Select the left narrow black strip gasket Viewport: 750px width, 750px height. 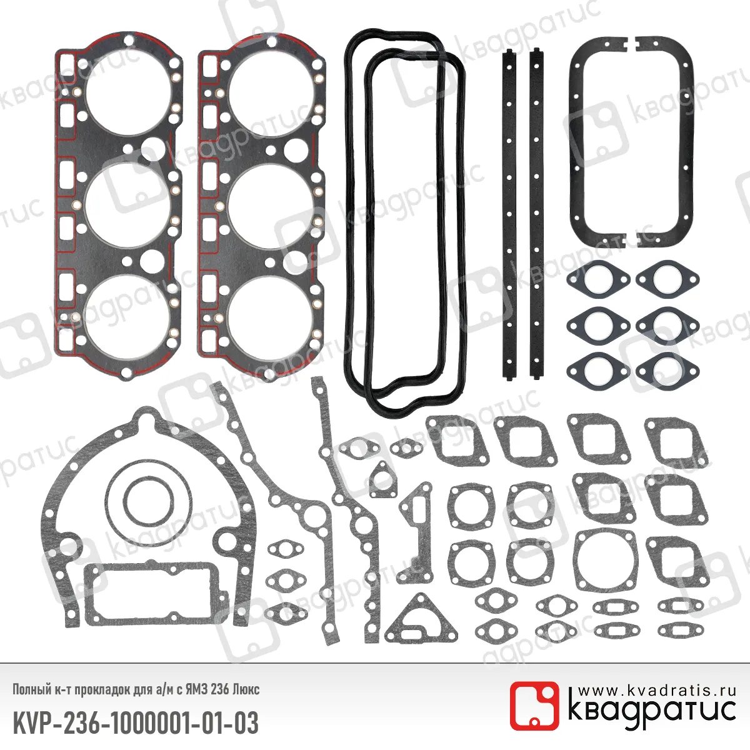[x=509, y=214]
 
